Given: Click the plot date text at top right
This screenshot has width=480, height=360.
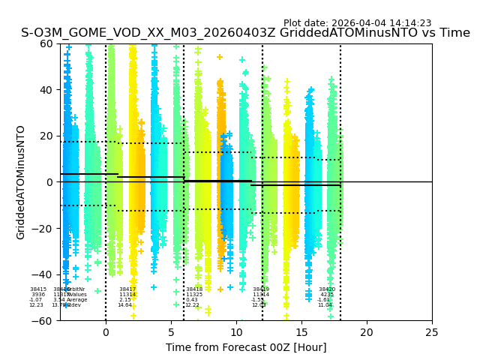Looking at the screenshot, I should pos(357,23).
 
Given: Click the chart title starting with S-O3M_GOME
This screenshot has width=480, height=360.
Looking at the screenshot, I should pos(245,33).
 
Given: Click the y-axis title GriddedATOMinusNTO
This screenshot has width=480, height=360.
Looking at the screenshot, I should pos(21,182).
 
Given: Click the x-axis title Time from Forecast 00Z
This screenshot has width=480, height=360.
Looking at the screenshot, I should pos(246,347).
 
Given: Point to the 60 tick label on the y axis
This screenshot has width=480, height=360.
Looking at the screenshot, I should pos(46,43).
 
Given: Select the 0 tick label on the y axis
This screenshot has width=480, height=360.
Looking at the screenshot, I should pos(49,182).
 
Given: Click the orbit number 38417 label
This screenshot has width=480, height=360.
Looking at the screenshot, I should pos(127,289).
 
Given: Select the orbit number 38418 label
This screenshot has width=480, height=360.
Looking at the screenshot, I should pos(194,289).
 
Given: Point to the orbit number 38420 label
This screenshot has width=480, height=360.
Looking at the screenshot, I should pos(326,289).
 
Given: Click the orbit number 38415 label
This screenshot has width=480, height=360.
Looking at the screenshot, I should pos(38,289).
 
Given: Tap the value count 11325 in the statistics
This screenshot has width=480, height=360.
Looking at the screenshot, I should pos(194,295).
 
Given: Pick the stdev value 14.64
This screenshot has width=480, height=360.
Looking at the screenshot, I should pos(124,305).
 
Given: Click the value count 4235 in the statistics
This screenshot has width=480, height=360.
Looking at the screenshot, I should pos(327,295).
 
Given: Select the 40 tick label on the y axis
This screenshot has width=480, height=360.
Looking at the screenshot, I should pos(46,90).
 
